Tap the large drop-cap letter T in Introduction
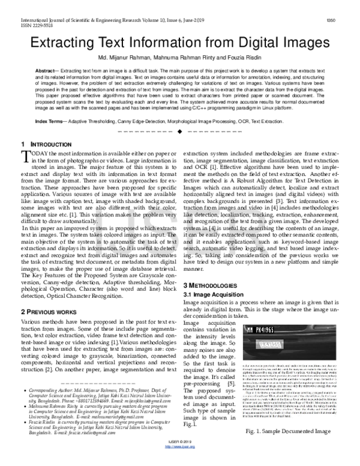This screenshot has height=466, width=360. coord(25,158)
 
